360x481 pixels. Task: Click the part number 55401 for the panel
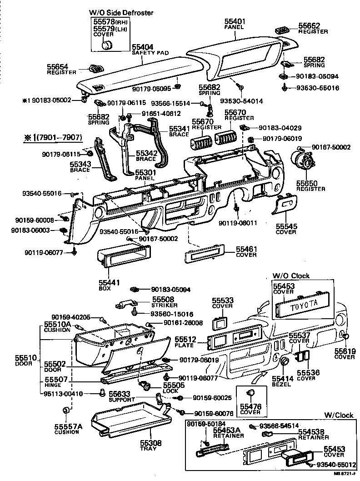point(234,21)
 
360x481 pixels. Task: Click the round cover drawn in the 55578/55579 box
point(107,45)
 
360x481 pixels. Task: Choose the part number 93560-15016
point(172,314)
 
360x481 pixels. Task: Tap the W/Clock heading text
point(339,415)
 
